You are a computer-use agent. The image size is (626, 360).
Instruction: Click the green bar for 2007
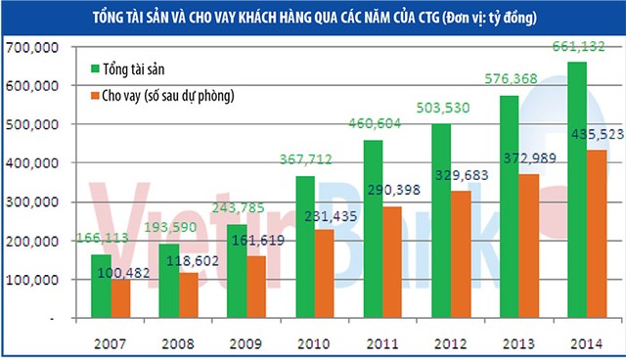coord(102,287)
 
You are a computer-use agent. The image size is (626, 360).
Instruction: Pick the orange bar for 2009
coord(256,288)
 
